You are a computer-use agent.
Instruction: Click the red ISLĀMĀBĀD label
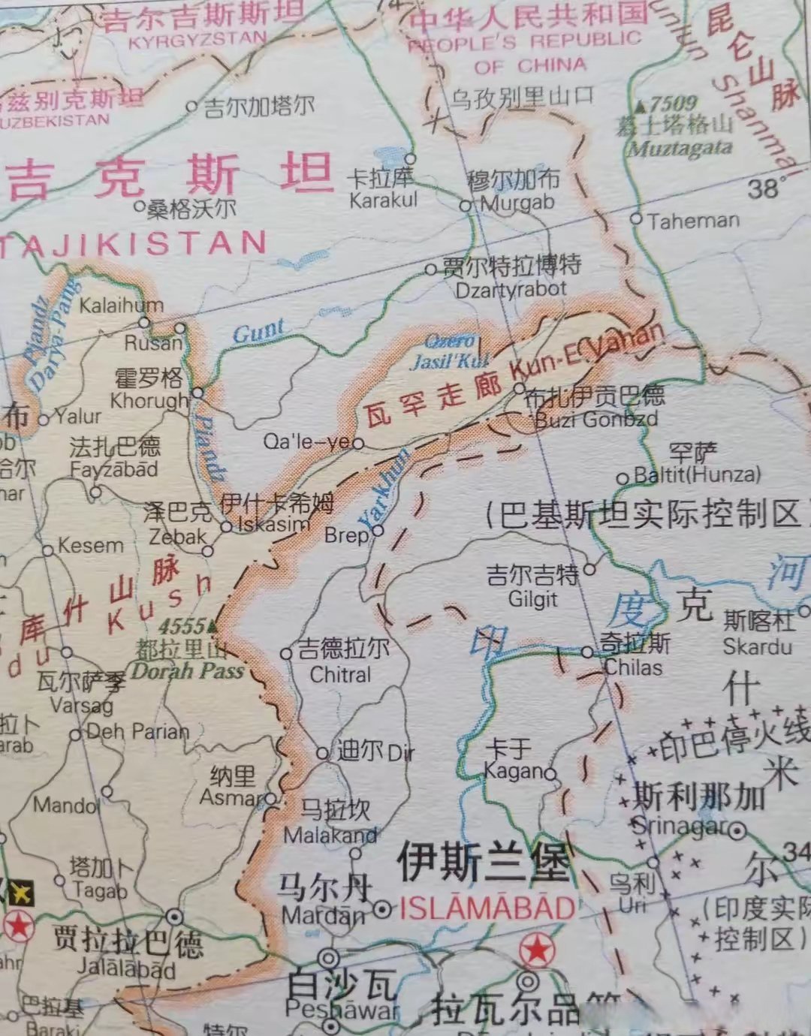(487, 908)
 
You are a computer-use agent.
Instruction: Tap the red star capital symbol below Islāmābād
(537, 949)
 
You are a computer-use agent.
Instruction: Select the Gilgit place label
(532, 599)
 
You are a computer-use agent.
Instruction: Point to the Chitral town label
(340, 674)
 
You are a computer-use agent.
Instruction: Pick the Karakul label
(383, 200)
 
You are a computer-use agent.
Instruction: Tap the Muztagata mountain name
(680, 148)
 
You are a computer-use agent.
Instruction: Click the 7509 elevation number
(673, 104)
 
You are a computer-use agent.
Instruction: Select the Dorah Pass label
(188, 670)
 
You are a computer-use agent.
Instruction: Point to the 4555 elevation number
(182, 625)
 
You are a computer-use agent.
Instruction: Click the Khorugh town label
(149, 402)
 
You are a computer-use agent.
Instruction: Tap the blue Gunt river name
(258, 331)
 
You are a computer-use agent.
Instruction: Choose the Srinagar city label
(679, 826)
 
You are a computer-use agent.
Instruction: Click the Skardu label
(757, 646)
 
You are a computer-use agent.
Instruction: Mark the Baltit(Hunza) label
(697, 474)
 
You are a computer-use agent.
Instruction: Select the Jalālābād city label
(126, 968)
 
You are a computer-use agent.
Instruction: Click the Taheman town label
(693, 221)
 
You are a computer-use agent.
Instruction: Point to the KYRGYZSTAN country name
(197, 40)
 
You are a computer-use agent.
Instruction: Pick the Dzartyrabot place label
(511, 290)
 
